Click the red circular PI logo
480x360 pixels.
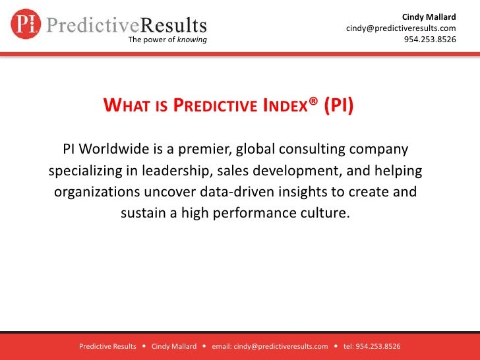(26, 24)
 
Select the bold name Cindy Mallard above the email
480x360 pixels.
(429, 16)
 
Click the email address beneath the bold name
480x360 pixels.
(401, 28)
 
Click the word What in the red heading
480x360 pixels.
(128, 106)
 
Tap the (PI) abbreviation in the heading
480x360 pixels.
(338, 106)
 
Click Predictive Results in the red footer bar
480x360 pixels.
(107, 346)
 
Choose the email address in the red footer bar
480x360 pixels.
(270, 346)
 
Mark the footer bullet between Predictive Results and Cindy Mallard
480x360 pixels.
(144, 346)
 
